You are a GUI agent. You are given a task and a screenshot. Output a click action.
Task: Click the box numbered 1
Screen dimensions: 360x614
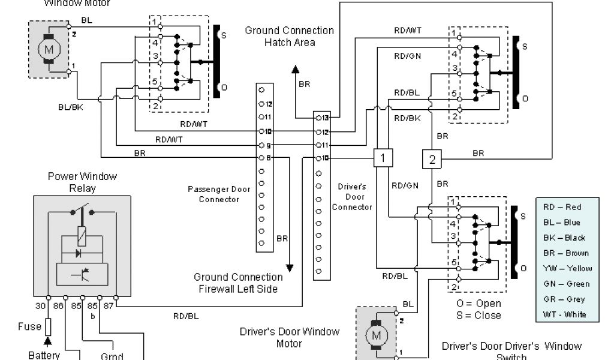pyautogui.click(x=383, y=158)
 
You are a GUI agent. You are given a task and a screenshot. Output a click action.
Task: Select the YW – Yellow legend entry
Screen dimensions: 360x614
pyautogui.click(x=567, y=268)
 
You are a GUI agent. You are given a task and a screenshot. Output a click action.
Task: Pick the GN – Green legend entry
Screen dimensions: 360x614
pyautogui.click(x=566, y=284)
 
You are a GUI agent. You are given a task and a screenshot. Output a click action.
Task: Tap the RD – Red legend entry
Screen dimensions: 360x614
pyautogui.click(x=562, y=207)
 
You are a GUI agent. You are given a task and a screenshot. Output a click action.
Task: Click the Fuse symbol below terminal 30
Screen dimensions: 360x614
pyautogui.click(x=49, y=327)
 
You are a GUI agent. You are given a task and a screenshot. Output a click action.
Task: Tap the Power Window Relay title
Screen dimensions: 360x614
pyautogui.click(x=82, y=182)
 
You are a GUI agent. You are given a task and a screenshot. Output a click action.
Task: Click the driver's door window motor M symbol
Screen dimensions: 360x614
pyautogui.click(x=376, y=334)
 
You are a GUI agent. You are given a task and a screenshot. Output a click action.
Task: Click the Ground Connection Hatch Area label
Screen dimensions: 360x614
pyautogui.click(x=290, y=37)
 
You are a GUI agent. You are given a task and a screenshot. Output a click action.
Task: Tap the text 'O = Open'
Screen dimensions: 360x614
pyautogui.click(x=479, y=303)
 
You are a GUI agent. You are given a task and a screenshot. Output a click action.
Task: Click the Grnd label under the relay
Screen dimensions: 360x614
pyautogui.click(x=112, y=356)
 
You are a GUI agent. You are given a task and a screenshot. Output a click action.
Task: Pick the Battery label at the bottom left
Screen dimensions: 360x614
pyautogui.click(x=44, y=355)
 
